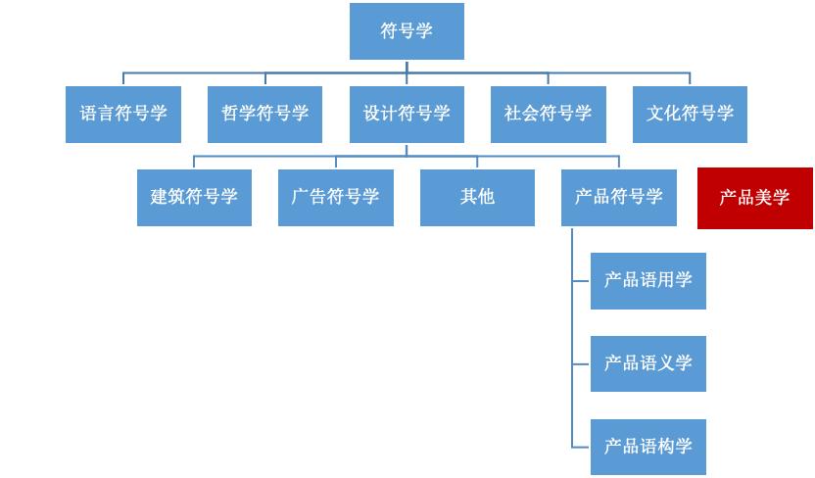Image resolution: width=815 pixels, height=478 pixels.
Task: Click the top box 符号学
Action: click(407, 31)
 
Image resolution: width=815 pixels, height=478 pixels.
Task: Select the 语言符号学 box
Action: click(123, 114)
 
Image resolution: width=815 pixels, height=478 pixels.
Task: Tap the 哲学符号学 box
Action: click(264, 114)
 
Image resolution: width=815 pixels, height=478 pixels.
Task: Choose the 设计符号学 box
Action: click(407, 114)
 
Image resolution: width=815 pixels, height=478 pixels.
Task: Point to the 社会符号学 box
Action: click(549, 114)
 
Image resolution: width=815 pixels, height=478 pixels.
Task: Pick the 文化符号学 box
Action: click(690, 114)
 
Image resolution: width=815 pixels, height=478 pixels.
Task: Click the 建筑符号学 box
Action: click(194, 197)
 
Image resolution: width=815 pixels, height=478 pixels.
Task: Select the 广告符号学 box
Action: click(336, 197)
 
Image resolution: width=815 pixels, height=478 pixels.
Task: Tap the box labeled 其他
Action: click(477, 197)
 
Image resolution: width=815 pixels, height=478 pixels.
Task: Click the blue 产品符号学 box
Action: click(619, 197)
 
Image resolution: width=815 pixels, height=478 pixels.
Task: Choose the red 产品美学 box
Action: click(754, 198)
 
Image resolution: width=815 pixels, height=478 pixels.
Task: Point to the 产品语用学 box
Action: click(647, 280)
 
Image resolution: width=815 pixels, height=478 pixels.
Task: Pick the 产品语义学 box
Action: click(647, 363)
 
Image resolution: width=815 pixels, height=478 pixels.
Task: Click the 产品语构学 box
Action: click(647, 447)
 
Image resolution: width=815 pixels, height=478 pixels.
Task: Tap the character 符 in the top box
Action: click(389, 31)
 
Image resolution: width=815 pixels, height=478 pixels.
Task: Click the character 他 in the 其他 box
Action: click(486, 197)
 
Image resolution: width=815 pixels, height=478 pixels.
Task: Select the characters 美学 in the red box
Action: click(772, 198)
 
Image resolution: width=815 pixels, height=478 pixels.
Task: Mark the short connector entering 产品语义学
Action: click(581, 363)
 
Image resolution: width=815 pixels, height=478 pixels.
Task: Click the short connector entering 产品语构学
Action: click(581, 447)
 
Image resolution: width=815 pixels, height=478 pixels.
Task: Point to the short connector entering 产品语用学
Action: click(581, 280)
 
